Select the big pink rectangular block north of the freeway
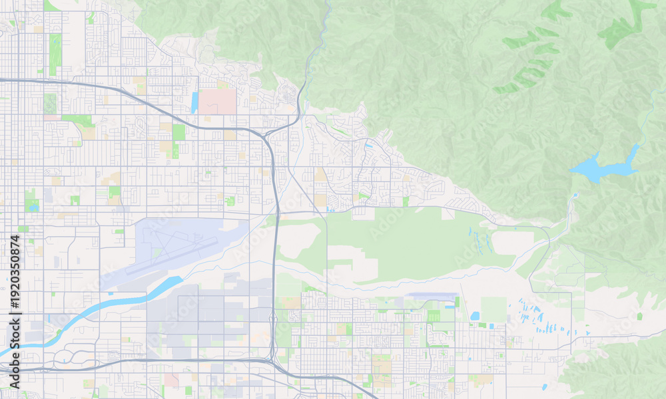(x=218, y=101)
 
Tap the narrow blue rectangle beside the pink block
(x=194, y=102)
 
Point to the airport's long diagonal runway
(x=172, y=257)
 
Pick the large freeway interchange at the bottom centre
(x=272, y=362)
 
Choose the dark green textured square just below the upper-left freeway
(x=50, y=102)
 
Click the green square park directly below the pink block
(x=178, y=132)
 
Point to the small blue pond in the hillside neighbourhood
(x=368, y=145)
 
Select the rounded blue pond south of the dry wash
(x=475, y=316)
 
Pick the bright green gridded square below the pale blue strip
(x=434, y=317)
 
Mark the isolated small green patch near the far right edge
(x=639, y=316)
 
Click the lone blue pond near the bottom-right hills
(x=544, y=386)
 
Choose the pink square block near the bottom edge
(x=171, y=380)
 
